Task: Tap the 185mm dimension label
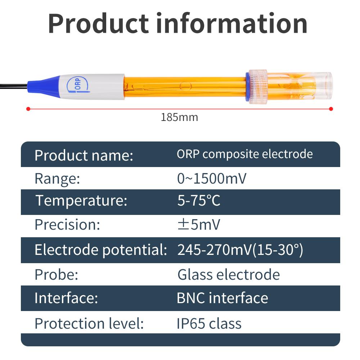point(179,117)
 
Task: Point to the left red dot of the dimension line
point(28,108)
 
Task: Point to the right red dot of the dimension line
point(331,108)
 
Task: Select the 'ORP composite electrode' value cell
point(244,154)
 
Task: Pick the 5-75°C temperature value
point(199,201)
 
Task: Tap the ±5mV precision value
point(199,225)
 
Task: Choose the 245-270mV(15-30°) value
point(240,250)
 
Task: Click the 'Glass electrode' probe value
point(229,275)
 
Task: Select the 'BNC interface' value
point(222,298)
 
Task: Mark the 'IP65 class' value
point(209,324)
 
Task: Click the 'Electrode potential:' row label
point(101,250)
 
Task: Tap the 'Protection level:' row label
point(89,324)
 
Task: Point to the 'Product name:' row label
point(84,156)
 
